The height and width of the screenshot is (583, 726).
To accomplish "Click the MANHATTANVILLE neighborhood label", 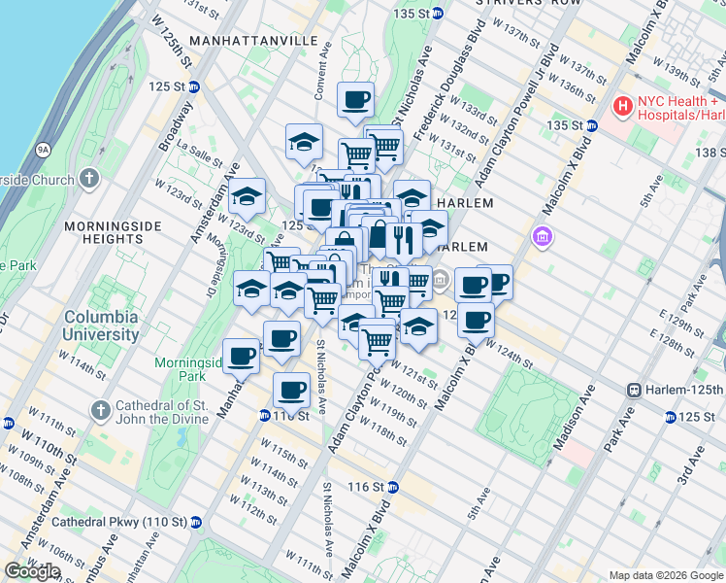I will point(253,41).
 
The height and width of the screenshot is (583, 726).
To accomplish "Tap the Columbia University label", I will point(101,326).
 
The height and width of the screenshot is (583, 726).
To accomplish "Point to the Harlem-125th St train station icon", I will point(635,390).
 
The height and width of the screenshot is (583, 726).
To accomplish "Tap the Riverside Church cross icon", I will point(89,179).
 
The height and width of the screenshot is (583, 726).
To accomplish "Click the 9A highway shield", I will point(43,151).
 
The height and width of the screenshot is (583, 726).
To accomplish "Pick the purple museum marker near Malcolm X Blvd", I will point(542,236).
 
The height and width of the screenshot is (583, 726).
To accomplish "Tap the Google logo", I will point(33,571).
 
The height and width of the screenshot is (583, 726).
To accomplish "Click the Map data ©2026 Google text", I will point(665,575).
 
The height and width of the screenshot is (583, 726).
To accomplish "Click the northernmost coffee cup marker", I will point(356,98).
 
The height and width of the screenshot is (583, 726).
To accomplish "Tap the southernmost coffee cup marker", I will point(291,390).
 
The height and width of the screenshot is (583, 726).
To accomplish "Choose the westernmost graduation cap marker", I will point(247,195).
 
